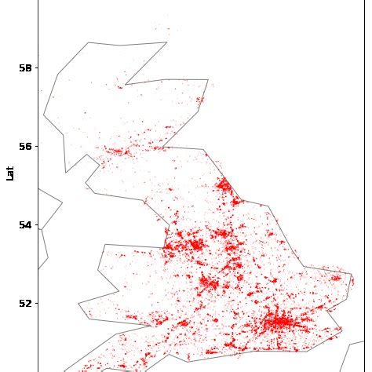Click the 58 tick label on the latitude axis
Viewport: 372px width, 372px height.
click(24, 67)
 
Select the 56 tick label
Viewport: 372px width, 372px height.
click(24, 146)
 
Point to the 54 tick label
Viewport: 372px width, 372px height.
click(24, 224)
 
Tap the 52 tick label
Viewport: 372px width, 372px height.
click(24, 303)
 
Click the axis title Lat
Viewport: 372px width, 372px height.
click(10, 173)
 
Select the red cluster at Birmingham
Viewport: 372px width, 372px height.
click(209, 283)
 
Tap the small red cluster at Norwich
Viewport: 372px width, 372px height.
click(336, 277)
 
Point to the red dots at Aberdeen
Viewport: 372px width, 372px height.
click(200, 100)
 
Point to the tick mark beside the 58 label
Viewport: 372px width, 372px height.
click(36, 67)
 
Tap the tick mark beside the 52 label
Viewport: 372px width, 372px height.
click(36, 303)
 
